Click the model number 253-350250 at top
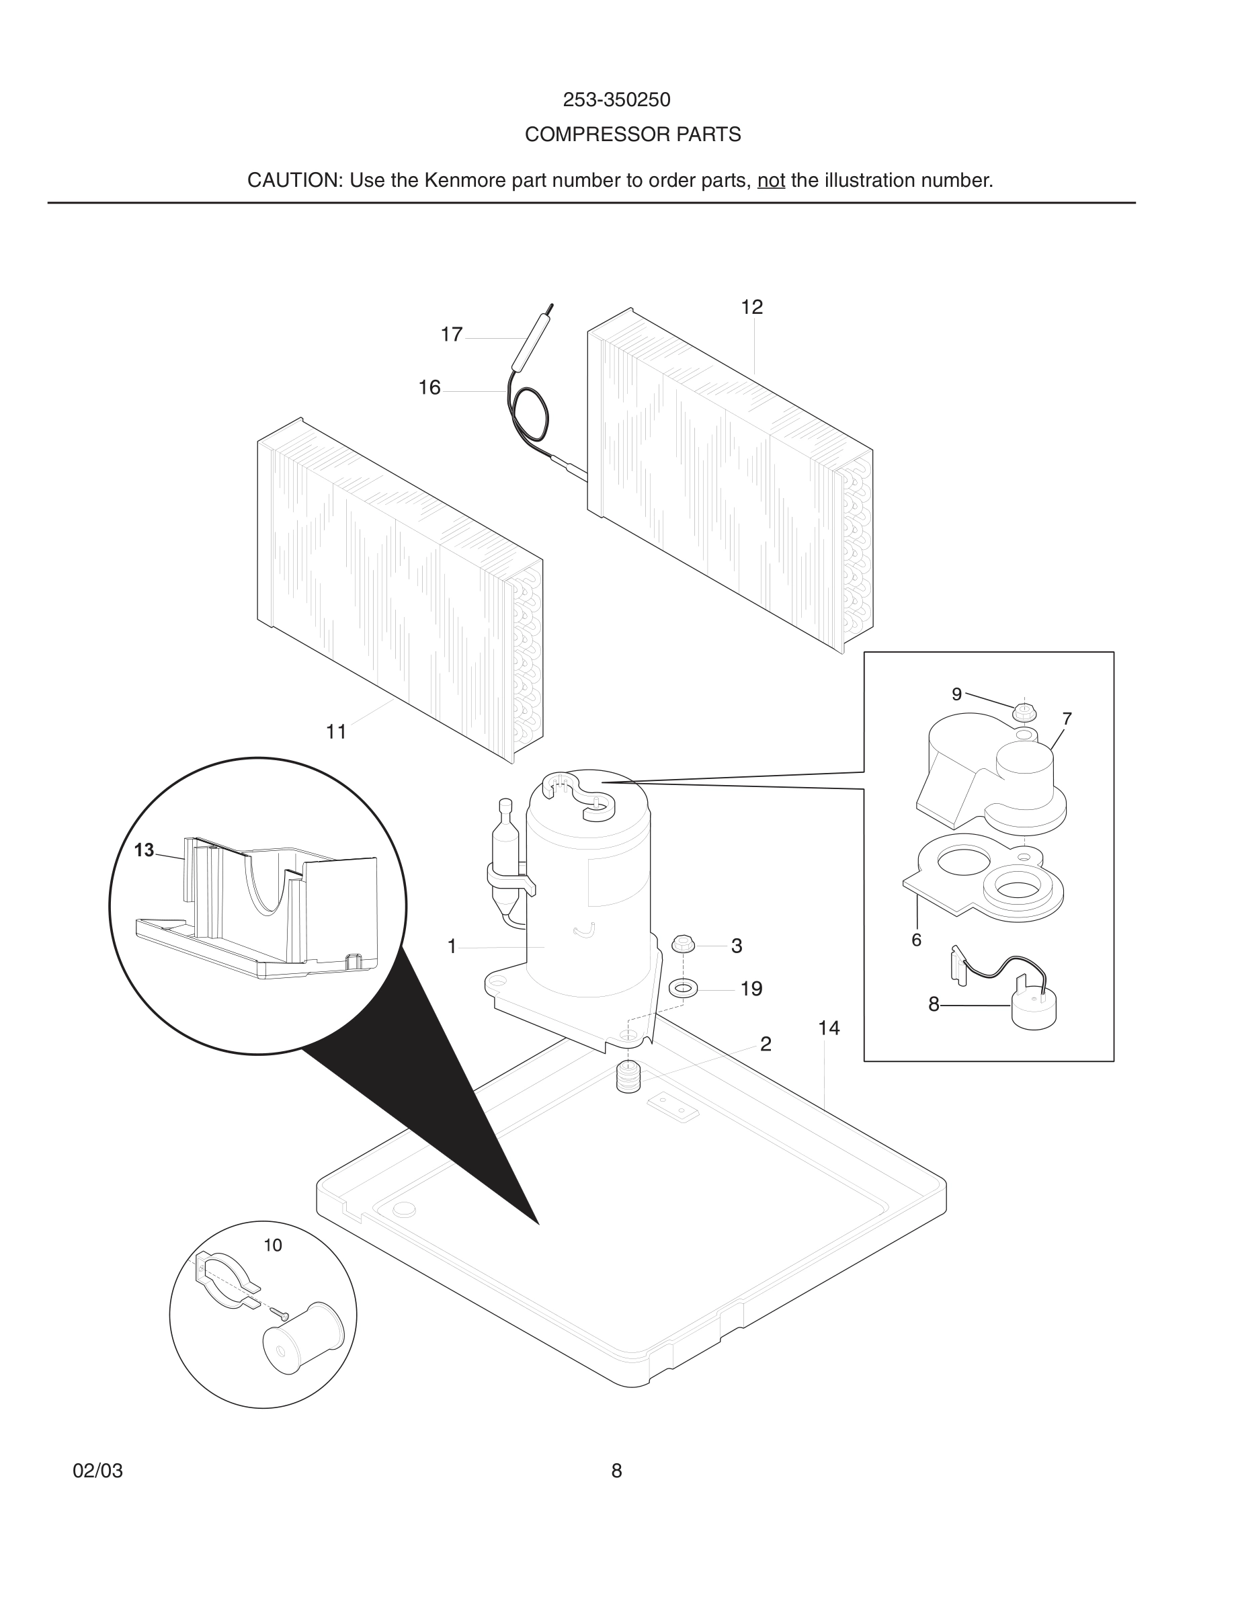(616, 99)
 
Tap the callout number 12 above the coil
(751, 307)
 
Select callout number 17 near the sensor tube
(451, 334)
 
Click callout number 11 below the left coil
(335, 731)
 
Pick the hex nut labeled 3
(682, 943)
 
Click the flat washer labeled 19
(683, 989)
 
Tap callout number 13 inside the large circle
(144, 850)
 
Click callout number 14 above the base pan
(828, 1028)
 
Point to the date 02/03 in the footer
(97, 1471)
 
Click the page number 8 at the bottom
(616, 1471)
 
